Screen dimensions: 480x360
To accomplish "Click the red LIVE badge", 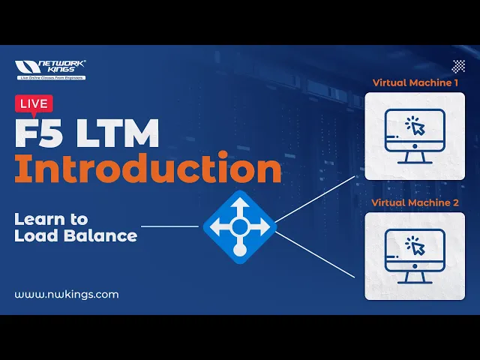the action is [33, 103].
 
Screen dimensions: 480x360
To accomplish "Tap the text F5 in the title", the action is [38, 134].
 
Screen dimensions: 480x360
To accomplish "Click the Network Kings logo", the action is [50, 70].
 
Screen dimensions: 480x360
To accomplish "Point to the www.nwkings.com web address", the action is [67, 294].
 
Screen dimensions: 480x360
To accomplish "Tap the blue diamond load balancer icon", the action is [239, 226].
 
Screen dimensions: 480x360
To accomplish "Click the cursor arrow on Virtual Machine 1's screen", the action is [418, 127].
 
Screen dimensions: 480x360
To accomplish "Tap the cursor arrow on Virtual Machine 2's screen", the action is [418, 247].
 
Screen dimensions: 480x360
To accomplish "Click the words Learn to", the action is [51, 219].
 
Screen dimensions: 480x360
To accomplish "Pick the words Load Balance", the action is [76, 235].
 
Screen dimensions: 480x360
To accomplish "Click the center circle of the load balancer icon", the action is [239, 225].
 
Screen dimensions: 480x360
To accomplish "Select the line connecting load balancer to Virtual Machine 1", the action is [315, 199].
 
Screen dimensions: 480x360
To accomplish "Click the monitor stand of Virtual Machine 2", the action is [414, 278].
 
